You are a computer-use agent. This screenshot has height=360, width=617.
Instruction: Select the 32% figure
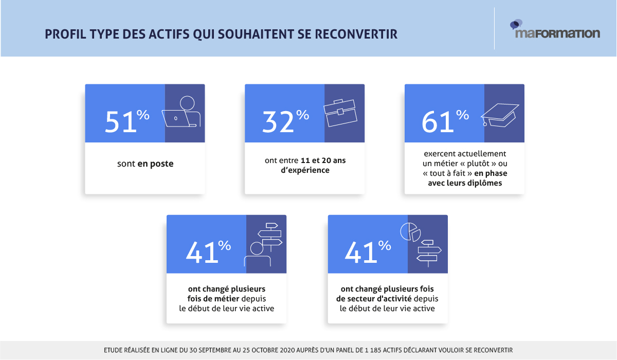285,120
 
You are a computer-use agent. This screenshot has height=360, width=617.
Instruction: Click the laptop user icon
183,112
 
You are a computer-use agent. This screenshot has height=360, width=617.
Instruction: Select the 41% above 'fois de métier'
208,251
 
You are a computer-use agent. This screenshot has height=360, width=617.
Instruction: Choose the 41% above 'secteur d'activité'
368,251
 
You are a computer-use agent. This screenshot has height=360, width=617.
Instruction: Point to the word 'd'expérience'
305,170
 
